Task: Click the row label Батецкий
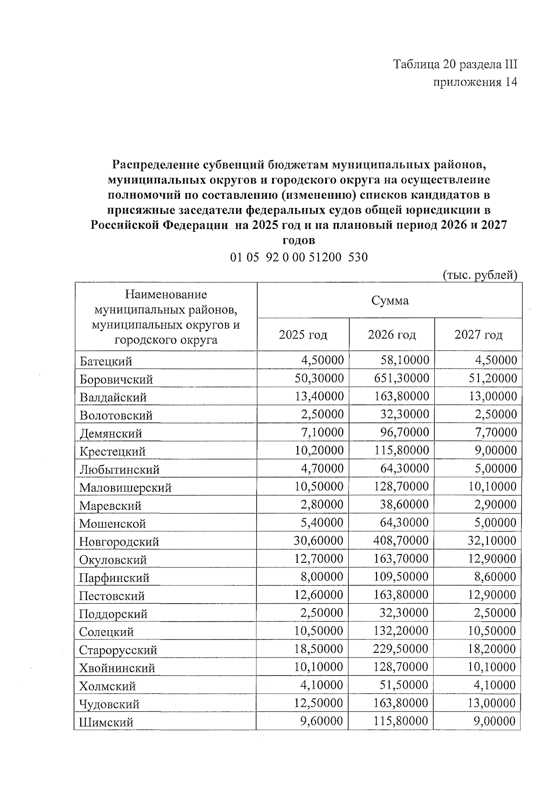[x=106, y=361]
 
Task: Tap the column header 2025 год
[x=303, y=335]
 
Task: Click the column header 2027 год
[x=478, y=335]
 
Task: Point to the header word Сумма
[x=390, y=301]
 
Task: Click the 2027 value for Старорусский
[x=492, y=649]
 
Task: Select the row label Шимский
[x=106, y=723]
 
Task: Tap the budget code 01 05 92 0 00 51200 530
[x=299, y=257]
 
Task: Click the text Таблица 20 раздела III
[x=455, y=64]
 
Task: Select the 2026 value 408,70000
[x=401, y=541]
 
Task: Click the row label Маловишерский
[x=125, y=488]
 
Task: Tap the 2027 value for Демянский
[x=495, y=432]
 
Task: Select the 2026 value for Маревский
[x=404, y=505]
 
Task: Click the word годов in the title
[x=299, y=241]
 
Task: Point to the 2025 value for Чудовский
[x=319, y=703]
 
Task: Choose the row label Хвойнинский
[x=117, y=668]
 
